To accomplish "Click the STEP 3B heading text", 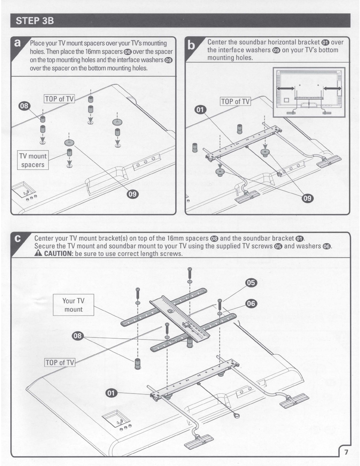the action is tap(35, 21).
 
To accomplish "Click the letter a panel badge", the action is tap(17, 43).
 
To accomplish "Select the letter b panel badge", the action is tap(191, 46).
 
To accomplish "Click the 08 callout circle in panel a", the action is tap(24, 106).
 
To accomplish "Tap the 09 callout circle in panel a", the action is tap(133, 194).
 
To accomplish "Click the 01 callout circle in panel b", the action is tap(200, 110).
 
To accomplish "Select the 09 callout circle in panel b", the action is tap(308, 198).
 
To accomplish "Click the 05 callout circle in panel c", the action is tap(251, 283).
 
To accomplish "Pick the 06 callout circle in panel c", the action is tap(251, 303).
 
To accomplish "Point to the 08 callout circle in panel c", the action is tap(78, 336).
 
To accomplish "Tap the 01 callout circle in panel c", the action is tap(111, 393).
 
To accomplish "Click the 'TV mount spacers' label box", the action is tap(33, 160).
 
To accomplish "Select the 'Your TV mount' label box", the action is tap(74, 305).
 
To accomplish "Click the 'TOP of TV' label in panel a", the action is tap(59, 99).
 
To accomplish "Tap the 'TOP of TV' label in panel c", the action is tap(60, 363).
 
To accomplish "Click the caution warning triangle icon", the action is tap(38, 254).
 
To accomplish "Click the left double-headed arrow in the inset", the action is tap(285, 89).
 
